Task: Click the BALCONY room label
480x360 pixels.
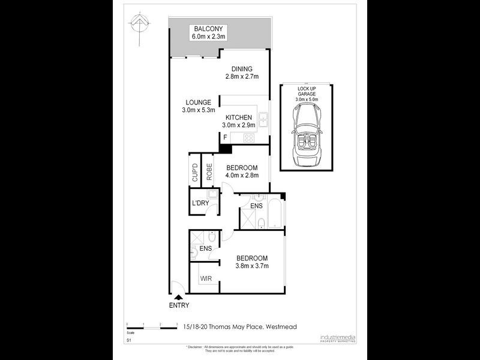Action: pos(208,28)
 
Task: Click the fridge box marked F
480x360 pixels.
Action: pos(225,137)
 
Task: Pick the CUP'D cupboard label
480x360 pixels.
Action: pos(194,173)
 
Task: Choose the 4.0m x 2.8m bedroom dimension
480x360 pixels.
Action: pos(241,175)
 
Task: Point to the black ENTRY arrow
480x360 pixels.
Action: pos(178,296)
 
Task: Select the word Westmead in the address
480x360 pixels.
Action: pos(281,326)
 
